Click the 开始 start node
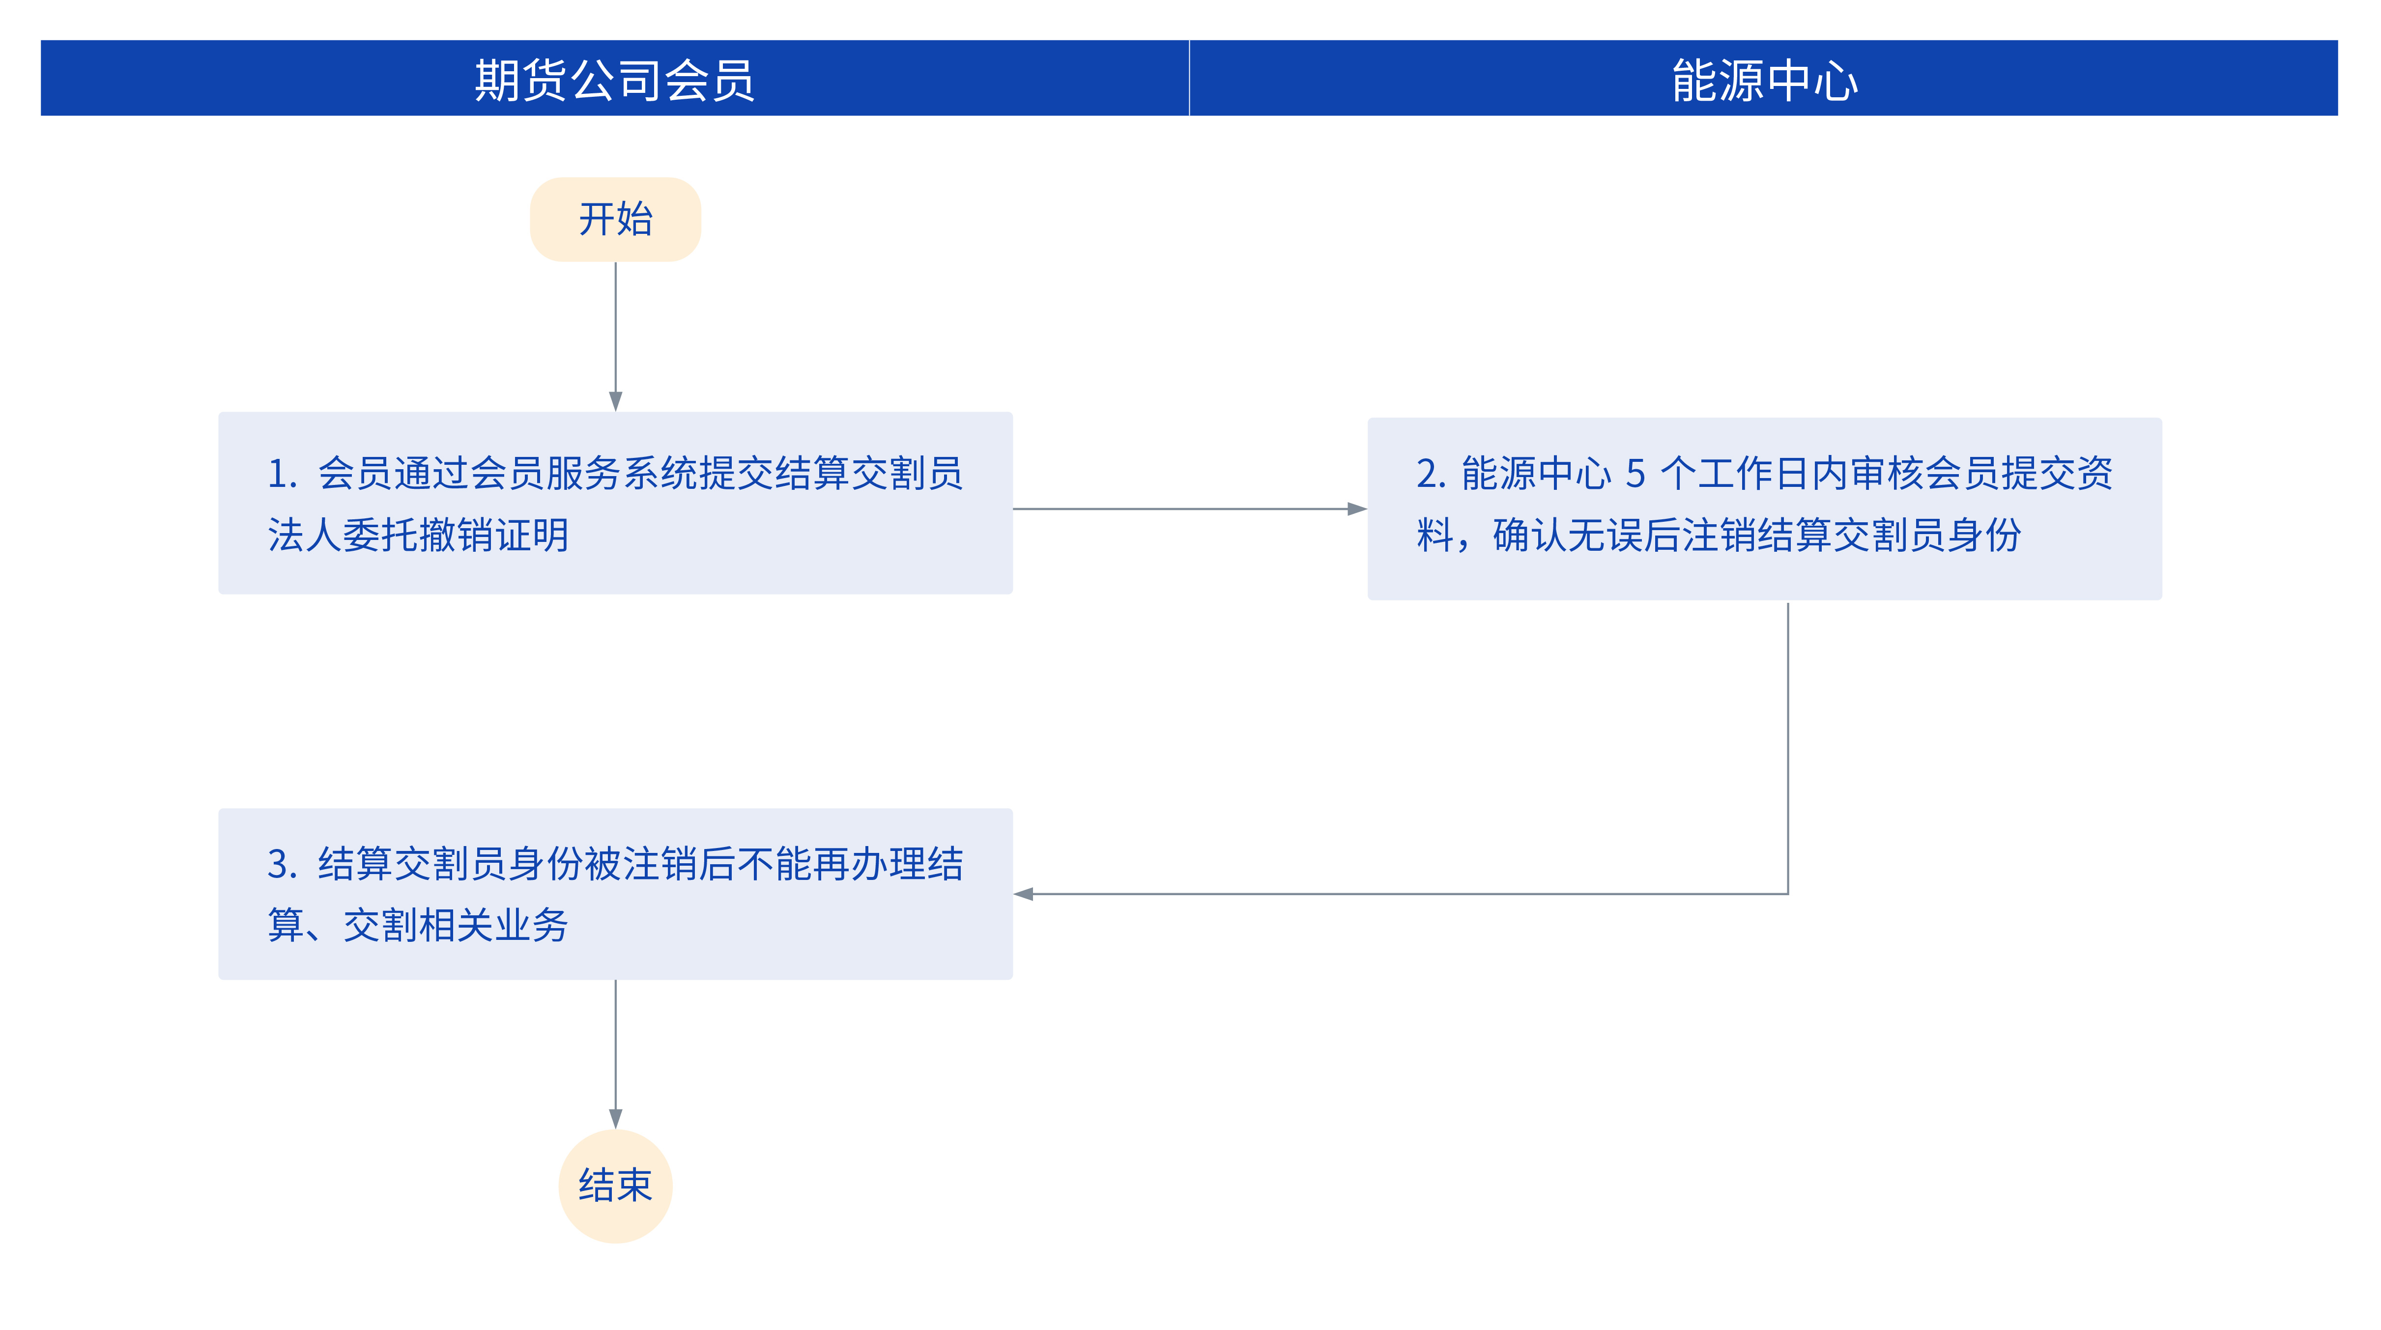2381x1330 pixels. point(616,219)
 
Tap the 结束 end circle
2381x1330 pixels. point(616,1186)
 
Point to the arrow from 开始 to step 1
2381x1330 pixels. point(616,337)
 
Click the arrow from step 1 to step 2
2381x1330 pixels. point(1190,509)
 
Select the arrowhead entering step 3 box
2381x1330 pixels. point(1023,894)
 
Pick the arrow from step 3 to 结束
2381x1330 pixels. point(616,1054)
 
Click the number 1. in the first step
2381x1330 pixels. point(282,473)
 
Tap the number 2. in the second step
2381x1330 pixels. point(1431,473)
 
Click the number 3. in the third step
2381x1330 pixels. point(282,864)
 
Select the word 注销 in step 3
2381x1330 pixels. point(660,864)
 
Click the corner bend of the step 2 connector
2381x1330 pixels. point(1788,894)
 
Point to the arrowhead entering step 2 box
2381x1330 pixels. point(1357,509)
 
